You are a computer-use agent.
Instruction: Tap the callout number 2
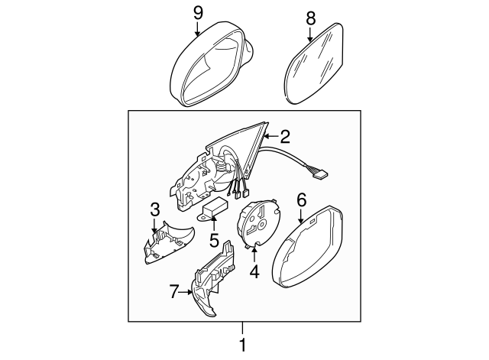[285, 137]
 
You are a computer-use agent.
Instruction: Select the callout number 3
[154, 209]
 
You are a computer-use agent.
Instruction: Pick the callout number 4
[255, 271]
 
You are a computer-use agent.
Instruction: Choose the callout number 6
[301, 200]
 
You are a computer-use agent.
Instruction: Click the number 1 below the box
[244, 345]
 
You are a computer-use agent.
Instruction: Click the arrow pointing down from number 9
[198, 29]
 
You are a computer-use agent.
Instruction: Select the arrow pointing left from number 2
[270, 137]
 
